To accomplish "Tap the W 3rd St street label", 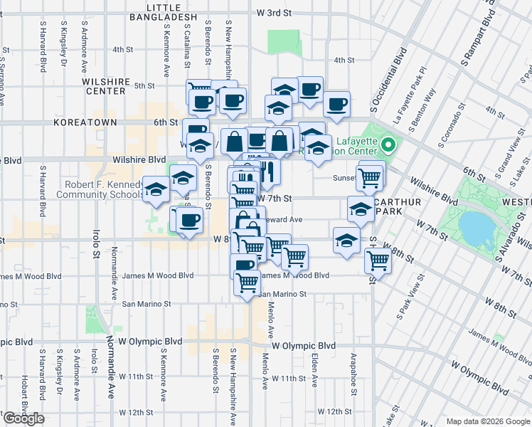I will click(275, 13).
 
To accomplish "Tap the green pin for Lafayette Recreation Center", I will click(388, 146).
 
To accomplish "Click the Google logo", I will click(23, 418).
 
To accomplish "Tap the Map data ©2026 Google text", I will click(488, 421).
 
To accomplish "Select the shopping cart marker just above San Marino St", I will click(248, 282).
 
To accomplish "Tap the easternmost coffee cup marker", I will click(336, 104).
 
